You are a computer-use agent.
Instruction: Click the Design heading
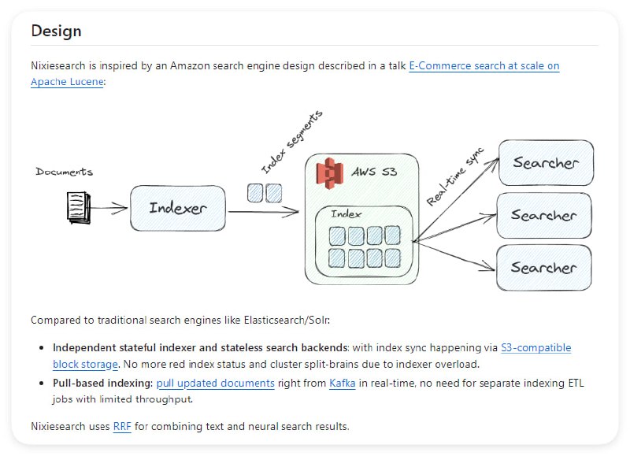coord(56,31)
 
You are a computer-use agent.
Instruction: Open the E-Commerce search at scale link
coord(484,66)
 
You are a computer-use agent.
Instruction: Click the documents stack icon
coord(76,207)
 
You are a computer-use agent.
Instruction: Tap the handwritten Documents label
coord(64,172)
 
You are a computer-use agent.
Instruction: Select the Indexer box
coord(178,209)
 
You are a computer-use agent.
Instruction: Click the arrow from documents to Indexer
coord(110,209)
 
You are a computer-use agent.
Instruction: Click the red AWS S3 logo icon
coord(329,172)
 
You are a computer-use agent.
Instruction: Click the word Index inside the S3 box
coord(346,214)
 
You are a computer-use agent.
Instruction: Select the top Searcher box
coord(545,163)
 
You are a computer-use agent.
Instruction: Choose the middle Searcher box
coord(543,215)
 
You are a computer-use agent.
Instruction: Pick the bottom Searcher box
coord(543,268)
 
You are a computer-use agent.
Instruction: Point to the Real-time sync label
coord(455,176)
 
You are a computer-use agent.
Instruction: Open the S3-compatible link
coord(535,347)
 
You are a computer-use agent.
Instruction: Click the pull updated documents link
coord(215,384)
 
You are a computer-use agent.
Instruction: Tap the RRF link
coord(122,427)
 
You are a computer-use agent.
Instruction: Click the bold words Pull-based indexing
coord(102,384)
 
